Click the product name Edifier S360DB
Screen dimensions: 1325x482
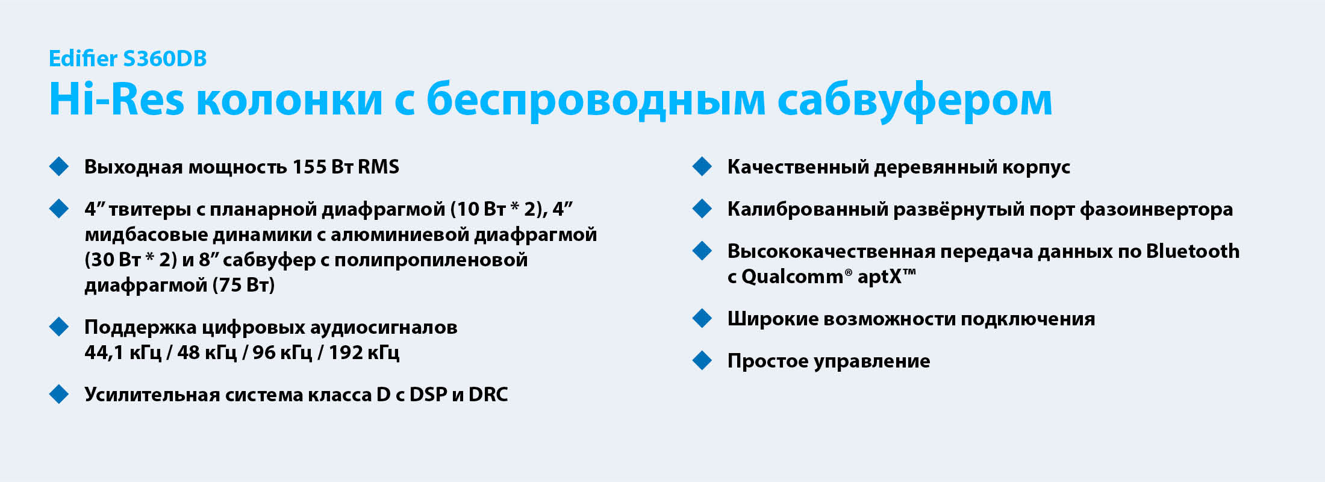pos(128,58)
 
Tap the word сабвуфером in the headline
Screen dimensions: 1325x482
pos(915,100)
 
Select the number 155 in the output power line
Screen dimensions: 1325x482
pos(309,167)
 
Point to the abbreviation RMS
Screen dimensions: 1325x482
pos(378,167)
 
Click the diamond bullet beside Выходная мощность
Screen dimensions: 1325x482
pos(59,166)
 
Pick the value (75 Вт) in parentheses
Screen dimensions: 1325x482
pos(244,285)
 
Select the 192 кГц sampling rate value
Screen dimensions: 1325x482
pos(364,352)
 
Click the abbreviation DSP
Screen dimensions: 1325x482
pos(428,395)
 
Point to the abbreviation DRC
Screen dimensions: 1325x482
pos(488,395)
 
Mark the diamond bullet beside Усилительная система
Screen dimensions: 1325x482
pos(59,394)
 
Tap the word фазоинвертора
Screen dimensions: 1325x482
pos(1156,210)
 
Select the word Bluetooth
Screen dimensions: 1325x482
pos(1193,251)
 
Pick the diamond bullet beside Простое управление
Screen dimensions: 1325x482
pos(702,360)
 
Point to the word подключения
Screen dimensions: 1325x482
pos(1027,319)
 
